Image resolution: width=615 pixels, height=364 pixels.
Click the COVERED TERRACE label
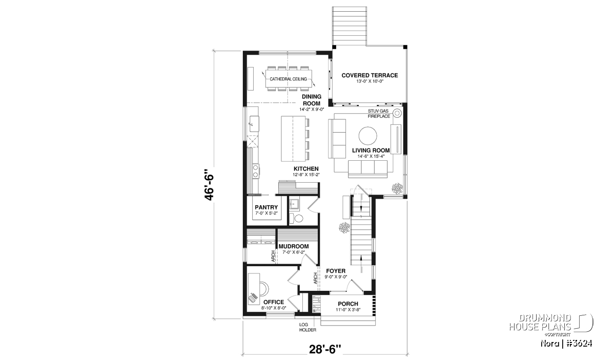370,75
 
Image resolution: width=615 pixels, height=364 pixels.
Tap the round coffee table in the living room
367,136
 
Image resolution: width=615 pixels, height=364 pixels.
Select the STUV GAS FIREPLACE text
379,114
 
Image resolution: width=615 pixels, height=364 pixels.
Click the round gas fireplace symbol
397,113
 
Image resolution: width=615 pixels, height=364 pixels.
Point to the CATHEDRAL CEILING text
288,79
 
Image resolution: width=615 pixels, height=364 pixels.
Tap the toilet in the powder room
296,218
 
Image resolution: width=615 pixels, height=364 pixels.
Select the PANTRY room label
266,207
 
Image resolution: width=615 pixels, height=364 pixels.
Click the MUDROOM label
294,246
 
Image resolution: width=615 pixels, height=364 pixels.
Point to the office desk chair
264,289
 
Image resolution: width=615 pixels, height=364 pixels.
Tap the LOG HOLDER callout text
307,327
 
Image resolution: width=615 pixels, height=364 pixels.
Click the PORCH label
348,304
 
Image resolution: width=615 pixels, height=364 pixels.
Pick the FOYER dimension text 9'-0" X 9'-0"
336,277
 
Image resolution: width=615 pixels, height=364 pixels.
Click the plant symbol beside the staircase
344,228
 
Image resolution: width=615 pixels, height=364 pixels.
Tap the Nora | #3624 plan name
566,344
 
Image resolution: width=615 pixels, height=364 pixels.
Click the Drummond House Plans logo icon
583,323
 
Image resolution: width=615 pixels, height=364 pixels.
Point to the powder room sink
294,204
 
